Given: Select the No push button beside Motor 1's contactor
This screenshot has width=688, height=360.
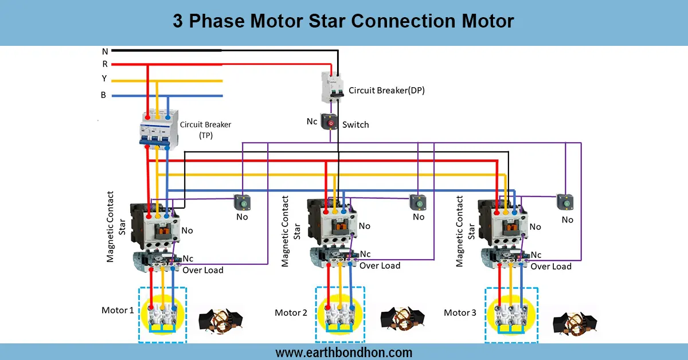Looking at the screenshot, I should click(x=241, y=202).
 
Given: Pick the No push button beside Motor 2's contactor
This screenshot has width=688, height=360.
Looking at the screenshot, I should click(x=417, y=202).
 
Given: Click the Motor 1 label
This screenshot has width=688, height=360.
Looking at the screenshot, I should click(x=118, y=310).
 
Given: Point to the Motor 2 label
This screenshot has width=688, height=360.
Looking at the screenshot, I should click(x=291, y=312).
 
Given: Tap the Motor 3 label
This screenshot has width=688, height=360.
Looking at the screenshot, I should click(x=460, y=312).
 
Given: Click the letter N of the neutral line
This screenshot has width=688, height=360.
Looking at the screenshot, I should click(x=104, y=51).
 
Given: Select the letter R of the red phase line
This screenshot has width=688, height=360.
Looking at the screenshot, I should click(x=104, y=64).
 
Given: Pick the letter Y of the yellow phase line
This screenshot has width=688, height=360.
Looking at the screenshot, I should click(x=104, y=79).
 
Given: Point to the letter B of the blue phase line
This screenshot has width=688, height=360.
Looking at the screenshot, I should click(x=103, y=95).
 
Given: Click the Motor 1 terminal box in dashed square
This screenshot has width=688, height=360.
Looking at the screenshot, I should click(x=162, y=314).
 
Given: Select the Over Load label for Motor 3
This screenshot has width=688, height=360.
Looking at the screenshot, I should click(x=550, y=267).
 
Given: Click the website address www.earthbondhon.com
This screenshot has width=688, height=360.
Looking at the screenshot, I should click(x=344, y=352).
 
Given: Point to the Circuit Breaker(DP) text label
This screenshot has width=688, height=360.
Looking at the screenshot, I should click(x=386, y=90).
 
